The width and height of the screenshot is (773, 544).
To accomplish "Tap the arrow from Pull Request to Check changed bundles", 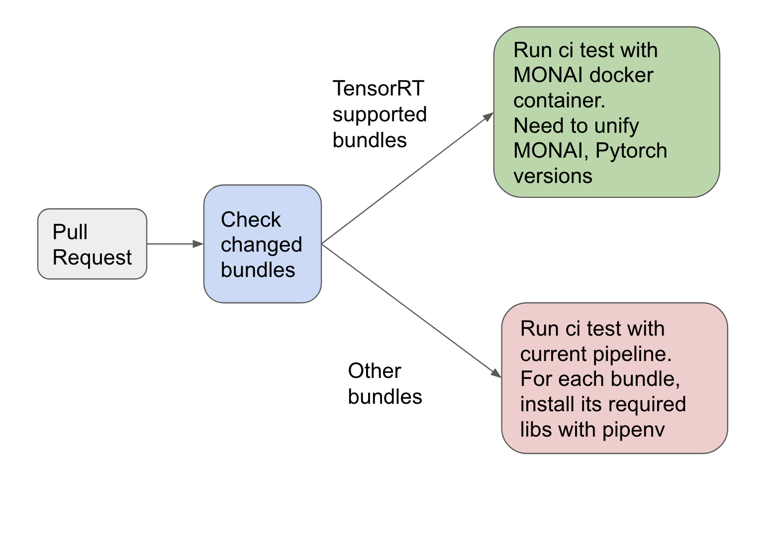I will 174,244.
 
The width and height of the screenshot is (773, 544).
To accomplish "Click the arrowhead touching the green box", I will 488,117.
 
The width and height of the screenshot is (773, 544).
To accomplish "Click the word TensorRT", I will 378,89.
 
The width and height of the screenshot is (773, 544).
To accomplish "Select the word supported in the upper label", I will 380,114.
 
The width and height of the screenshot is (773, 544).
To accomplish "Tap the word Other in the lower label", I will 374,371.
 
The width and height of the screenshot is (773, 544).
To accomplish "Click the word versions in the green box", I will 553,176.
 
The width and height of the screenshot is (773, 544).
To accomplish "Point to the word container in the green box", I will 559,100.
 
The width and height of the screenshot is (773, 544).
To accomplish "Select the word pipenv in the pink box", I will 633,430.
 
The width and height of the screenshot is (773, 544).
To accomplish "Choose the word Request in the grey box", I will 92,258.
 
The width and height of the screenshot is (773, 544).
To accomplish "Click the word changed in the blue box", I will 261,245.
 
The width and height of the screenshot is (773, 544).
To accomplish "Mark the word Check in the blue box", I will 251,219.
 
